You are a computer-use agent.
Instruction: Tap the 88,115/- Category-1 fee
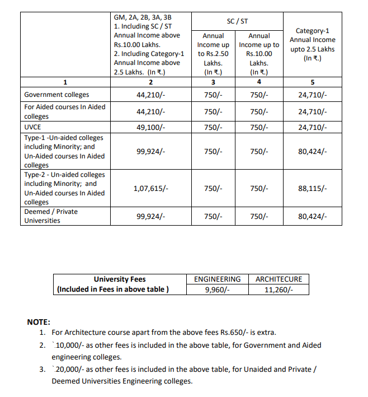pos(313,188)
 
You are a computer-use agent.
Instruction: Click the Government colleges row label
pos(56,95)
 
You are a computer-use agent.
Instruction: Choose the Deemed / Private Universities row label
pos(51,216)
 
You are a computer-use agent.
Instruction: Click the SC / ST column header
pos(238,21)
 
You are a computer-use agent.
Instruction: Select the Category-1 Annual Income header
pos(313,44)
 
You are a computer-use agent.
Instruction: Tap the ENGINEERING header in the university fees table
pos(217,279)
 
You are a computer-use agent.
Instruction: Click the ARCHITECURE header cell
pos(279,279)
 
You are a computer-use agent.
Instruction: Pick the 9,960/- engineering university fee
pos(217,289)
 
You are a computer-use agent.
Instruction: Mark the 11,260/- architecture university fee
pos(279,289)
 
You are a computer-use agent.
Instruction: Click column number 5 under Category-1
pos(313,83)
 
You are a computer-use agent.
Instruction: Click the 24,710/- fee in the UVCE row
pos(313,127)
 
